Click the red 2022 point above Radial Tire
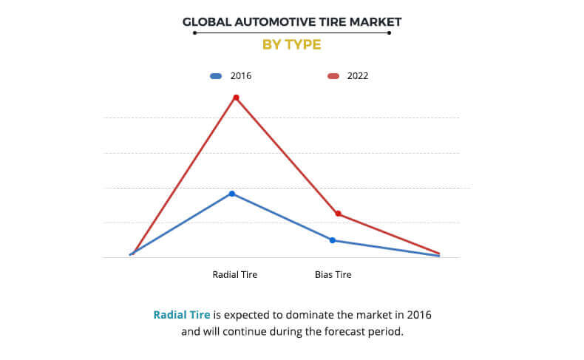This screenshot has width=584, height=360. click(x=236, y=98)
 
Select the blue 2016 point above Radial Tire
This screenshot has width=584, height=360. click(x=232, y=194)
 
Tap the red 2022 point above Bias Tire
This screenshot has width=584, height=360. click(x=338, y=214)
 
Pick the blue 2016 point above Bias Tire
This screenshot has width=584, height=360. click(x=333, y=240)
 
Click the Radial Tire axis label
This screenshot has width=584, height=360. click(x=234, y=275)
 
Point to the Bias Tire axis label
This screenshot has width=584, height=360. click(x=333, y=275)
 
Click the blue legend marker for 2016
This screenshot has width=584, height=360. click(x=216, y=76)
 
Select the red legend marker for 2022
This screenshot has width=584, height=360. click(x=333, y=76)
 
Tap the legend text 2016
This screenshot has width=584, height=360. click(x=241, y=76)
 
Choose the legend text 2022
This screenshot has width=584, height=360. click(x=358, y=76)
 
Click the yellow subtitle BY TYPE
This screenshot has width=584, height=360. click(x=292, y=44)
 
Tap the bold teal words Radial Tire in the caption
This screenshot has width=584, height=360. click(x=181, y=315)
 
